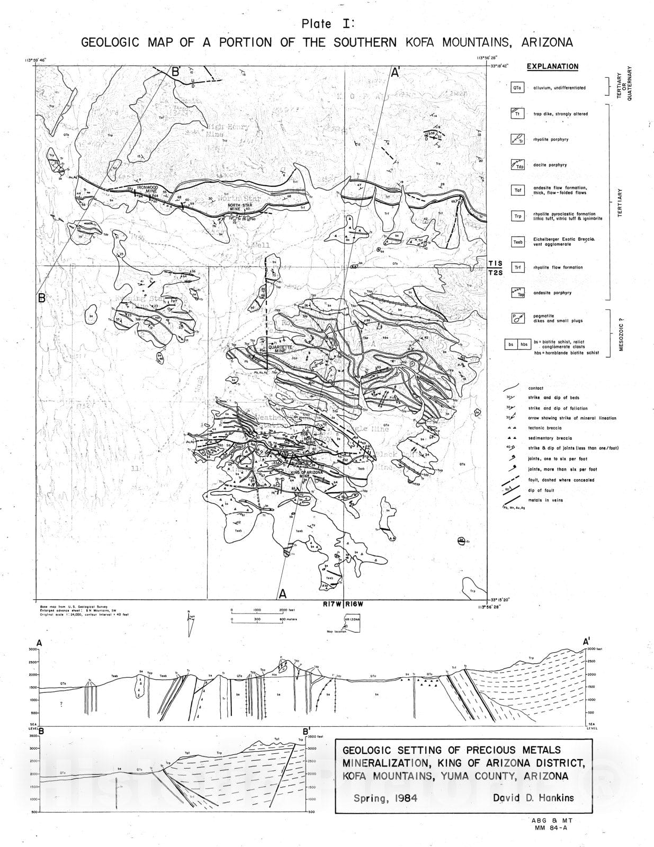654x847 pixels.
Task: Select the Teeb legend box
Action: coord(517,242)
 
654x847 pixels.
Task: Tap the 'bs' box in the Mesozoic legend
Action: coord(511,345)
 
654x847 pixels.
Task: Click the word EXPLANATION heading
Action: coord(552,67)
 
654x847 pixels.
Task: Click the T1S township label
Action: coord(496,263)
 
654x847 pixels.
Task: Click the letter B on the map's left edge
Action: coord(42,298)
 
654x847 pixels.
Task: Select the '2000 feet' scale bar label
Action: coord(286,610)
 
